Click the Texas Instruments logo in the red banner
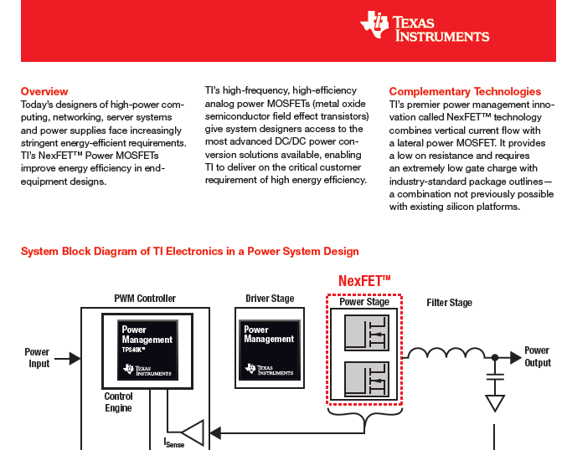[x=425, y=26]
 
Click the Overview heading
[x=44, y=91]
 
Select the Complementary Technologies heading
[x=465, y=92]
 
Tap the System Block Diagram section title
[x=190, y=252]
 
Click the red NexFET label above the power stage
[x=364, y=281]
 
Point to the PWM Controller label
[x=145, y=299]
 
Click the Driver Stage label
[x=270, y=299]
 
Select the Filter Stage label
[x=450, y=303]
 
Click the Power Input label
[x=37, y=357]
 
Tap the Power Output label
[x=538, y=356]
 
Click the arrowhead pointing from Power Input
[x=75, y=359]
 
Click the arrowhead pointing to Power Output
[x=516, y=357]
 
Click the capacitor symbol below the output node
[x=495, y=377]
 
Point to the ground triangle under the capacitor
[x=495, y=403]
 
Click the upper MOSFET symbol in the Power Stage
[x=367, y=333]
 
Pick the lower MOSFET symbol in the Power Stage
[x=367, y=379]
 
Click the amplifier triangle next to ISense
[x=193, y=432]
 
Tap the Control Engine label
[x=119, y=402]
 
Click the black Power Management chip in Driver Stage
[x=270, y=350]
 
